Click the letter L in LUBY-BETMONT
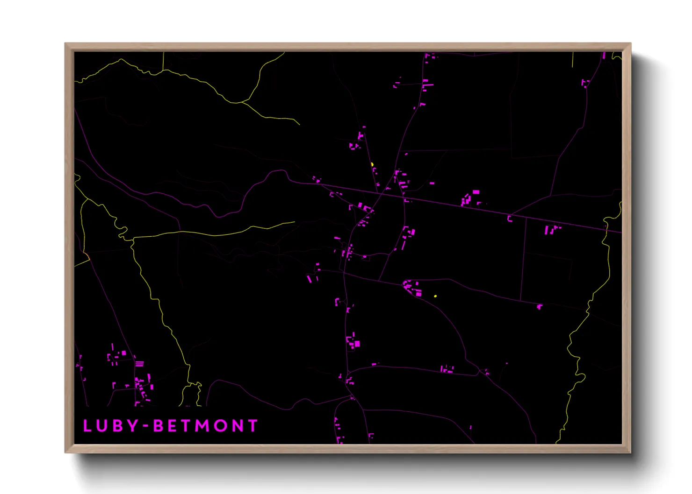pos(86,426)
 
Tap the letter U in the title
pos(102,426)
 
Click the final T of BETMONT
pos(253,426)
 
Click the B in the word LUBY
pos(118,426)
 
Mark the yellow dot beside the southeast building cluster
pos(435,296)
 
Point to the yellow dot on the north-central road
pos(372,164)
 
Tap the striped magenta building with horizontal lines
pos(139,363)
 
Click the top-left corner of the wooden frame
pos(65,44)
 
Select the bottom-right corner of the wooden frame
pos(630,452)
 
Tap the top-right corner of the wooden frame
pos(630,44)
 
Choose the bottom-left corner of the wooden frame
pos(65,452)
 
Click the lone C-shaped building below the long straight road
pos(510,219)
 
